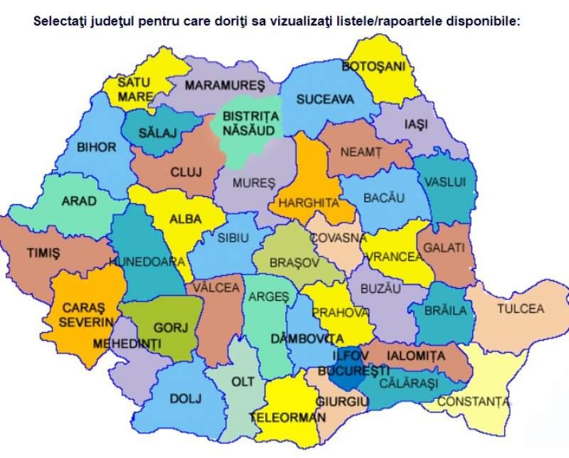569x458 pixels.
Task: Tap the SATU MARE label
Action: click(x=134, y=89)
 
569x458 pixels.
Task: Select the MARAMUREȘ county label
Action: click(x=224, y=85)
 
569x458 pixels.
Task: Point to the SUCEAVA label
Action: click(x=325, y=100)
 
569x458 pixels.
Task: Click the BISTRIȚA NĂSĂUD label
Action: click(x=250, y=122)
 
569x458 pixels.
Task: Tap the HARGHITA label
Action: click(x=308, y=203)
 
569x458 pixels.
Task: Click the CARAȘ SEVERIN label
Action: click(x=83, y=314)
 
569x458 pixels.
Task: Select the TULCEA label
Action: click(x=520, y=309)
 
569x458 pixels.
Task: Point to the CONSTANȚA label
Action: click(x=474, y=402)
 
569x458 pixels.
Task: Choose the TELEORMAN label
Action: click(x=287, y=418)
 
